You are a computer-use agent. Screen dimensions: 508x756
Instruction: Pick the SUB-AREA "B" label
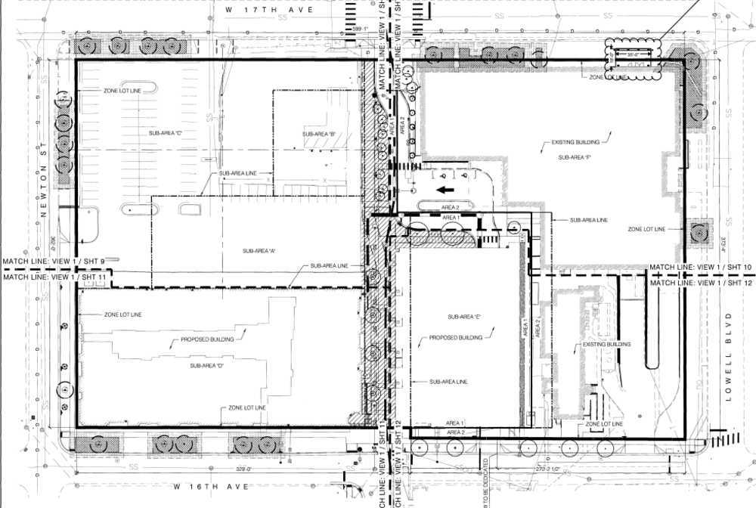pyautogui.click(x=318, y=135)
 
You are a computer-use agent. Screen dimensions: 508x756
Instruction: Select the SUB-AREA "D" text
pyautogui.click(x=201, y=366)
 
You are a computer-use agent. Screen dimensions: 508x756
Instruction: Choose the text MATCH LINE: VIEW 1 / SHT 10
pyautogui.click(x=701, y=267)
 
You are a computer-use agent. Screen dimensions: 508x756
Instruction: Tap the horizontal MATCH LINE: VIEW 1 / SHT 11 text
pyautogui.click(x=54, y=277)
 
